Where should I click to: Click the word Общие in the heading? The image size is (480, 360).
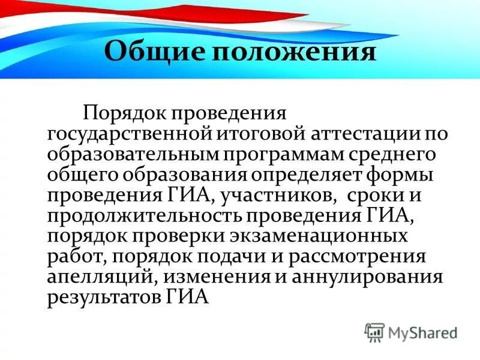click(151, 52)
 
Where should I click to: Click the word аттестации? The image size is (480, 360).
click(335, 133)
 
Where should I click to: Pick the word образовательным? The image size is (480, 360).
click(133, 155)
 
